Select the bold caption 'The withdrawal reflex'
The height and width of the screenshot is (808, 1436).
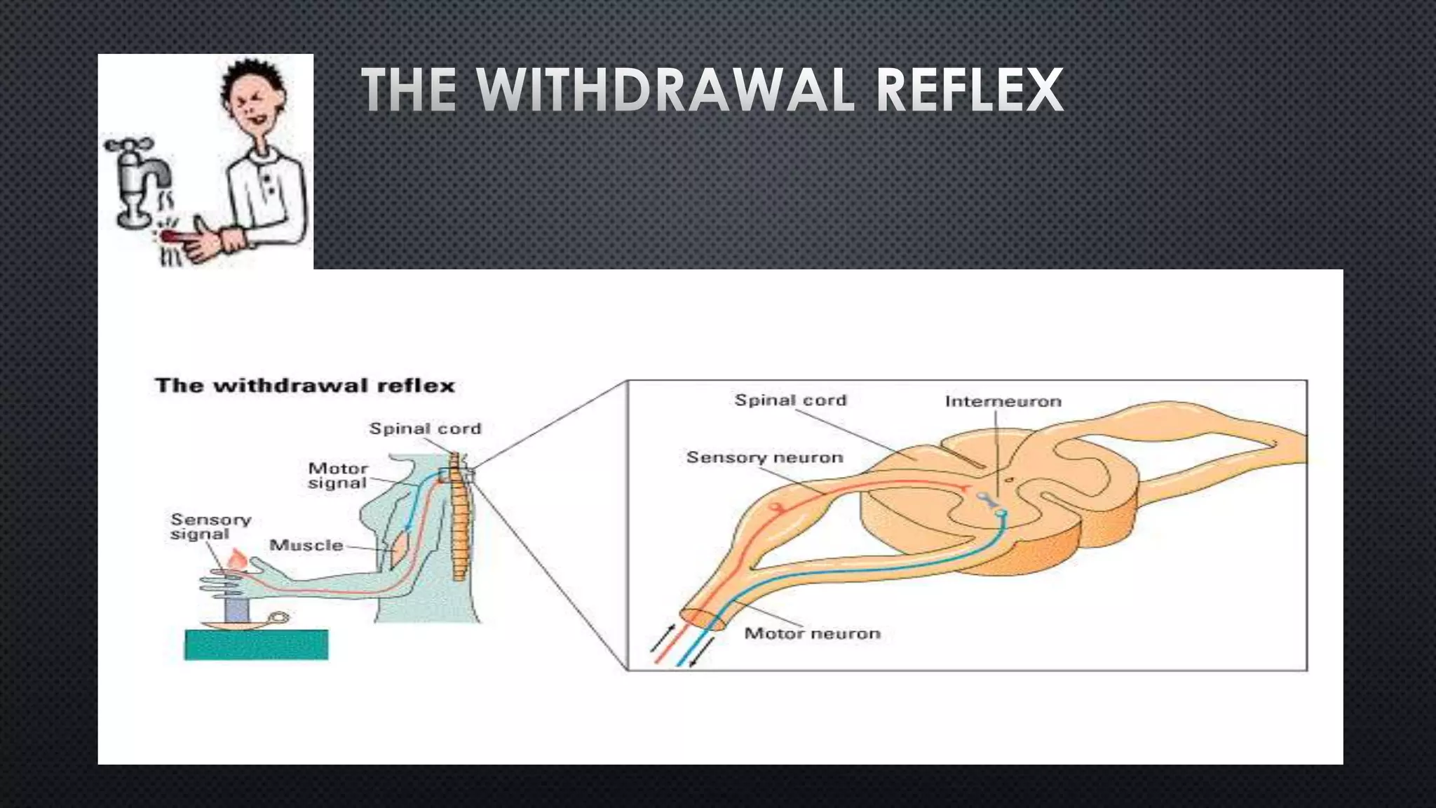pos(305,385)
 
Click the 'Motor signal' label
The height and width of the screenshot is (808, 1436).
pos(338,476)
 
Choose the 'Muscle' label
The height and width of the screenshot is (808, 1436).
pos(306,545)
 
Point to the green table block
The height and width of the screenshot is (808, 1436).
pos(256,645)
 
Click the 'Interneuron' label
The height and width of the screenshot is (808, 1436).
pos(1003,401)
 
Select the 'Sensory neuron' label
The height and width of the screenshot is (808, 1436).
pos(764,457)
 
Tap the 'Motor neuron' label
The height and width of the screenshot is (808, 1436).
pos(812,633)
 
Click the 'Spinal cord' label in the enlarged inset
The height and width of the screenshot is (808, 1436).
pos(790,400)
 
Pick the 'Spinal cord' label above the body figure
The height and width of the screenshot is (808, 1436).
pos(425,429)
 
